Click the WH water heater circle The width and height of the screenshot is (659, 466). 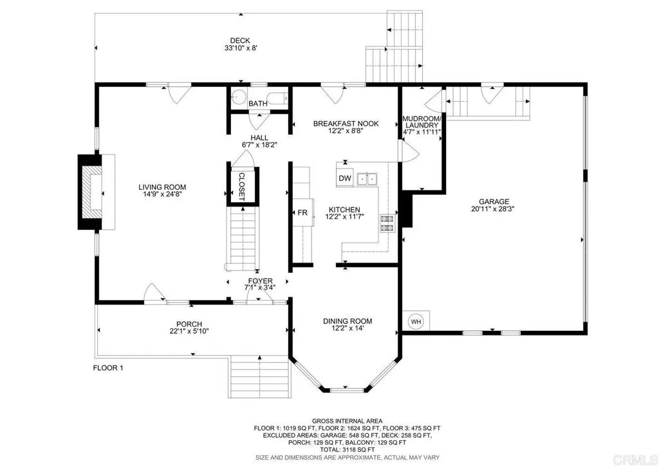click(416, 322)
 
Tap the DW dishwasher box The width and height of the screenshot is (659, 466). click(345, 178)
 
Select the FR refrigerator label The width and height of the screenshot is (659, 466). click(302, 213)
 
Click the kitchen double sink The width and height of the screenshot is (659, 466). click(367, 179)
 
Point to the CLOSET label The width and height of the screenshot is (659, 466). click(242, 187)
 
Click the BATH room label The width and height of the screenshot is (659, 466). click(257, 104)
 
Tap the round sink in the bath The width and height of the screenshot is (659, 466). click(239, 97)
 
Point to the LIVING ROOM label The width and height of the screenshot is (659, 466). click(162, 187)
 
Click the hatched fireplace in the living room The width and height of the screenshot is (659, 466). click(91, 192)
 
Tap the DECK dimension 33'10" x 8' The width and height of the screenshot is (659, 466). click(241, 48)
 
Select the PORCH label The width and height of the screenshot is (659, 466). click(189, 324)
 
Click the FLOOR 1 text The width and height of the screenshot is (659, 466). click(108, 368)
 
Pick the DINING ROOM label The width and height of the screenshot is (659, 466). click(348, 321)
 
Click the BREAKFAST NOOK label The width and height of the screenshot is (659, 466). click(346, 124)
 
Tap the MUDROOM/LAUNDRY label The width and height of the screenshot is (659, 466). click(422, 122)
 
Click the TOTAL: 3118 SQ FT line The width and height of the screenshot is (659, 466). click(347, 450)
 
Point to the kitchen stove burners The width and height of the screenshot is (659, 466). click(387, 223)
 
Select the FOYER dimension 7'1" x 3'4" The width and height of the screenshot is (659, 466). click(260, 288)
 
